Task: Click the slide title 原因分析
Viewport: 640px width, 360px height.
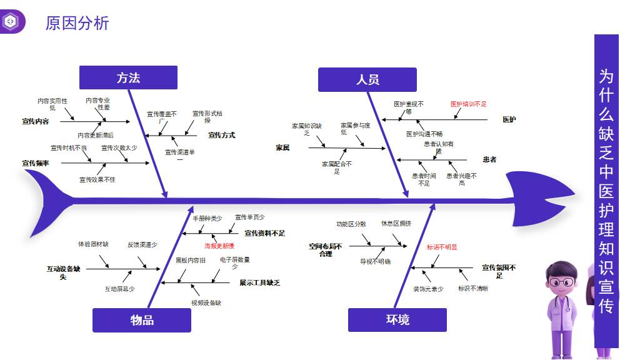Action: tap(77, 23)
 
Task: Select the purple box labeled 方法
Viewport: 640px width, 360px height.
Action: tap(128, 77)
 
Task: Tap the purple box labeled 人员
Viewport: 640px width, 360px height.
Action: tap(367, 79)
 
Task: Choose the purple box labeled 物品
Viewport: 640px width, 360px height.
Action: tap(142, 320)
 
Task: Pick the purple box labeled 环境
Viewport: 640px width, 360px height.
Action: tap(397, 320)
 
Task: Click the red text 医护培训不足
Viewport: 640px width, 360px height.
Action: tap(468, 104)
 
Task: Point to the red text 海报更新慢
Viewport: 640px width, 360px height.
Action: tap(219, 246)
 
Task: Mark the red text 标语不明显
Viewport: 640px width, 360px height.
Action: tap(442, 247)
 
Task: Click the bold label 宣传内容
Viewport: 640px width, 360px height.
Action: tap(36, 121)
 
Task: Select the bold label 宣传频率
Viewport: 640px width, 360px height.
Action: tap(36, 163)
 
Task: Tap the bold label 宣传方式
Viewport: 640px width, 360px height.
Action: tap(221, 135)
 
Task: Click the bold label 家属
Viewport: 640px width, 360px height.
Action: tap(282, 147)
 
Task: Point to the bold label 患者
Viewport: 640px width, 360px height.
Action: tap(489, 159)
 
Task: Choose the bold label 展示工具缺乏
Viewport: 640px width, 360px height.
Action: tap(259, 282)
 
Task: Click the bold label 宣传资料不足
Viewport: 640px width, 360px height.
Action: tap(264, 233)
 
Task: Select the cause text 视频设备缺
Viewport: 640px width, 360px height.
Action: tap(206, 303)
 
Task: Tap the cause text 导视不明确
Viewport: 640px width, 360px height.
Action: tap(375, 261)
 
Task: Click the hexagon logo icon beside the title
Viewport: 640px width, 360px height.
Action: tap(11, 22)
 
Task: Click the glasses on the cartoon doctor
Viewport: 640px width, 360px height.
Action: tap(561, 282)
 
